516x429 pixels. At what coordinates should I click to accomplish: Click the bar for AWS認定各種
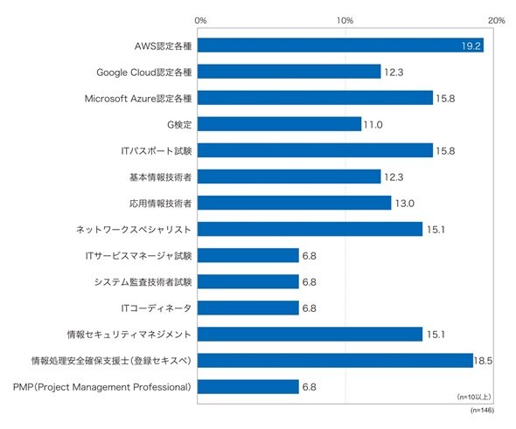tap(340, 45)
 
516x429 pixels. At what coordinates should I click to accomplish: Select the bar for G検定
tap(279, 124)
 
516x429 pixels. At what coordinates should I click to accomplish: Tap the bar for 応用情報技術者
tap(295, 203)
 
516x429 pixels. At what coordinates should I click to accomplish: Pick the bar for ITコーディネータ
tap(248, 308)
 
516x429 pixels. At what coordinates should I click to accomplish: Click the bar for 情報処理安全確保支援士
tap(335, 361)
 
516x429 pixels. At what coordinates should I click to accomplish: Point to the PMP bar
tap(248, 387)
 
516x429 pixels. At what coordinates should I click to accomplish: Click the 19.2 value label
tap(471, 46)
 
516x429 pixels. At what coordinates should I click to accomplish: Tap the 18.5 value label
tap(483, 361)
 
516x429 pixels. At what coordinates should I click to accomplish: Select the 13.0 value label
tap(405, 204)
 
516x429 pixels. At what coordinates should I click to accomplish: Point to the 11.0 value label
tap(373, 125)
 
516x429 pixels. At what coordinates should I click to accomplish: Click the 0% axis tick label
tap(200, 21)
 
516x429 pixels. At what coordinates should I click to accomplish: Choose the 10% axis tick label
tap(345, 21)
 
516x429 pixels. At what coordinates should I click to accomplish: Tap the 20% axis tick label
tap(496, 21)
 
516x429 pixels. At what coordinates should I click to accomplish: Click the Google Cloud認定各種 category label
tap(143, 73)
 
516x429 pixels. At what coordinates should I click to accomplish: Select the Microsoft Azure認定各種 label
tap(138, 99)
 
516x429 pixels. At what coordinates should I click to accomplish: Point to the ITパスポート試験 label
tap(157, 151)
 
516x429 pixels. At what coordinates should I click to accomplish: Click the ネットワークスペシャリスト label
tap(134, 230)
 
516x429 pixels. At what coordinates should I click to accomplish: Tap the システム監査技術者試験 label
tap(143, 282)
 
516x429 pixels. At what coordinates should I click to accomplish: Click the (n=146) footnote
tap(482, 411)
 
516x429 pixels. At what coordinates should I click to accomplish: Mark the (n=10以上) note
tap(474, 398)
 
